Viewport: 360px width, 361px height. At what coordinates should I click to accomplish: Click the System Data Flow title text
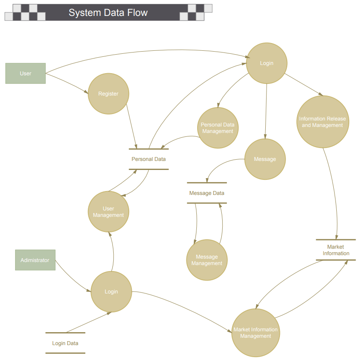pos(108,12)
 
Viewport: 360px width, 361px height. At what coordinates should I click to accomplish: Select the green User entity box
pos(25,73)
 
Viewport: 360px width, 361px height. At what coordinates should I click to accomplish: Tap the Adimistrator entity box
pos(35,260)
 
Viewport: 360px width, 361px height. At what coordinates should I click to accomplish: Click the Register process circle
pos(108,93)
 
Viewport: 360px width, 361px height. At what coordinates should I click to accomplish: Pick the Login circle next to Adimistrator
pos(111,291)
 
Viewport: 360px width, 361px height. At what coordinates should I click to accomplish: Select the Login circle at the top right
pos(267,63)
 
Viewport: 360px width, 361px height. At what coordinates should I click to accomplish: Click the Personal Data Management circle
pos(218,128)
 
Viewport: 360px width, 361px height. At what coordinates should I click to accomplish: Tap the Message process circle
pos(265,159)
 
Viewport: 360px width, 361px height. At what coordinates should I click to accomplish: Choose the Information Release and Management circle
pos(323,122)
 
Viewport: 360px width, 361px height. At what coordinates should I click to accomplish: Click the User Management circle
pos(108,212)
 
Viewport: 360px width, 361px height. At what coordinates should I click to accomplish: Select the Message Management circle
pos(207,260)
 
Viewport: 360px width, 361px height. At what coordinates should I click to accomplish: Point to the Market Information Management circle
pos(256,333)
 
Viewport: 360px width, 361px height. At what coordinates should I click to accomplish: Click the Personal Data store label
pos(149,159)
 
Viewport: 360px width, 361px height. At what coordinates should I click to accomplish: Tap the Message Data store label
pos(207,193)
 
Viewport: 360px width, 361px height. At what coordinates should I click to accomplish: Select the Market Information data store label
pos(336,250)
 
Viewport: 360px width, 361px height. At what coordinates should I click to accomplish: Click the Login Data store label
pos(65,343)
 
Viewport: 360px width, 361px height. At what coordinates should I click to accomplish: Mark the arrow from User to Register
pos(67,83)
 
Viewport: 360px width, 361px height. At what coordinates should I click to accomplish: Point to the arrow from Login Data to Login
pos(88,322)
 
